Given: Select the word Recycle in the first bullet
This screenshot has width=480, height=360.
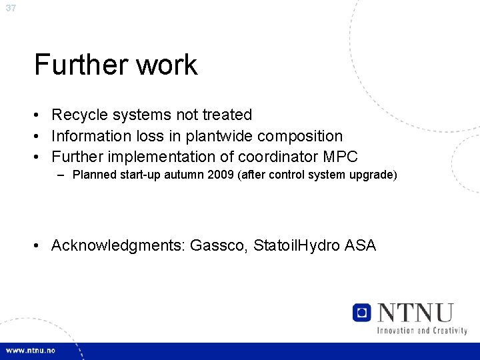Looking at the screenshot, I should pos(81,115).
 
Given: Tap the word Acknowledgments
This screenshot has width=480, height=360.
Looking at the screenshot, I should pos(118,246).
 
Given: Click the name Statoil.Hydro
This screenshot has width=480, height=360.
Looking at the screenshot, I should pos(297,246).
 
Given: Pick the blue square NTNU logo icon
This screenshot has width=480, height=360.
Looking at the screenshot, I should pos(362,313).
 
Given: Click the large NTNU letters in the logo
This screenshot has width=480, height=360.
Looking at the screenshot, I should pos(415,313).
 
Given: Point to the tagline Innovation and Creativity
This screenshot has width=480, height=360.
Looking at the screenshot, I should pos(421,331).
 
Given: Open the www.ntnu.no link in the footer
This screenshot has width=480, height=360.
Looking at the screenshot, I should pos(31,351).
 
